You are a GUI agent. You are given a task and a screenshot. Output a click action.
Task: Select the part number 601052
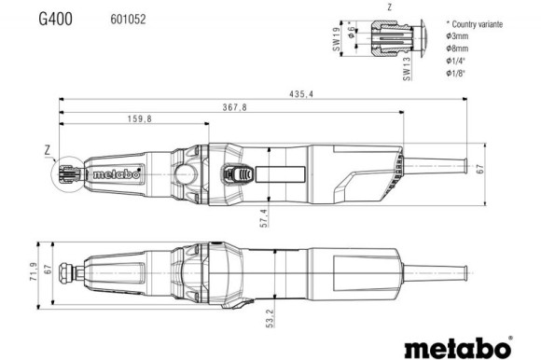click(127, 18)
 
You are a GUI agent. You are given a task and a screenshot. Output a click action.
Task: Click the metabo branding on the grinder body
click(118, 173)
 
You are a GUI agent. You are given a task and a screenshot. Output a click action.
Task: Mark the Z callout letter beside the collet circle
click(46, 149)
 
